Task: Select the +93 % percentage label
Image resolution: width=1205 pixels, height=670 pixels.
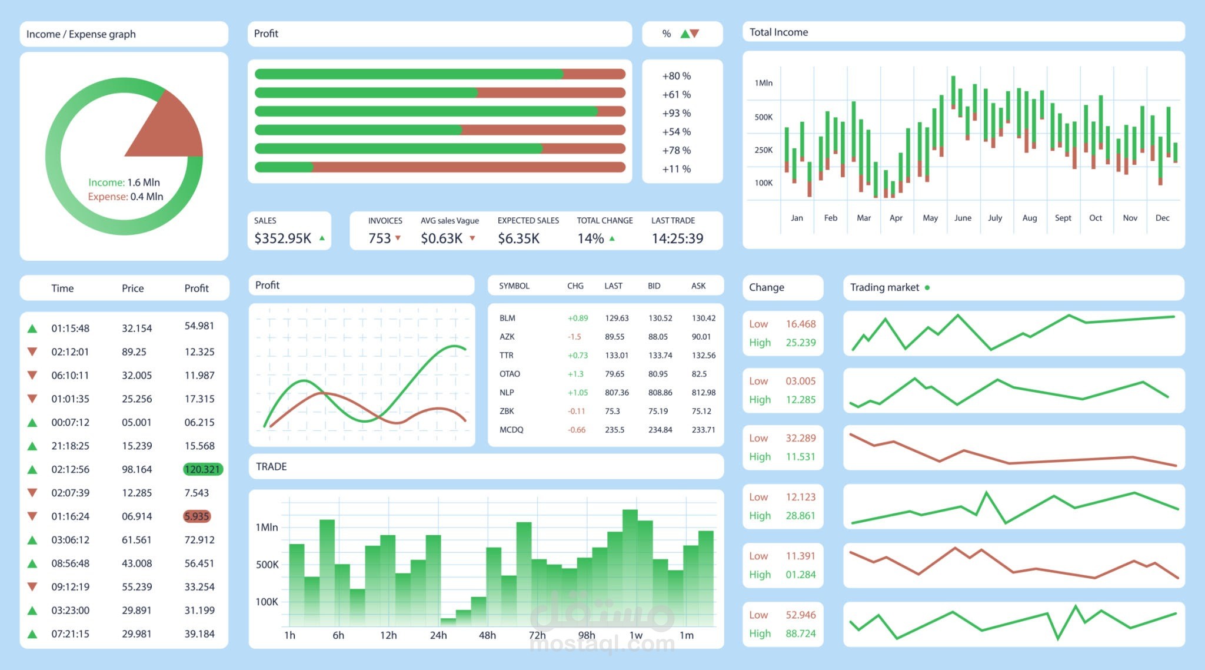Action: [x=676, y=113]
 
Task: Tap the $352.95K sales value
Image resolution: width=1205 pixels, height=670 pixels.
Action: [x=282, y=238]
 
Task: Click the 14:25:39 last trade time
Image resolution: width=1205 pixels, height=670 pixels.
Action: [x=677, y=238]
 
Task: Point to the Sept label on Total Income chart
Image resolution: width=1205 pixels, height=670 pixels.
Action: [x=1063, y=218]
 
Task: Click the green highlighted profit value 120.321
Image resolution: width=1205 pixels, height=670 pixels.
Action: [x=202, y=469]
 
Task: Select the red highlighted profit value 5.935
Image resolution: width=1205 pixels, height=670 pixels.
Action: [x=197, y=516]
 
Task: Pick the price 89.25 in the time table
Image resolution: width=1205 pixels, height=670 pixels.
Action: [x=134, y=351]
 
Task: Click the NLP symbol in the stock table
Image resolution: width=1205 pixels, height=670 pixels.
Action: [x=507, y=393]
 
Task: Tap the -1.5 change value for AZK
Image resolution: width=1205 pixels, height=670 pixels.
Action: [x=574, y=337]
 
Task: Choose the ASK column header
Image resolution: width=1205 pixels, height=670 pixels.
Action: [x=698, y=286]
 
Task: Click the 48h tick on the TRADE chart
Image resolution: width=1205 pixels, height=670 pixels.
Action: [x=487, y=635]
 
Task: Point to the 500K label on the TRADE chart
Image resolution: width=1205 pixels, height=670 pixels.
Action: [x=267, y=565]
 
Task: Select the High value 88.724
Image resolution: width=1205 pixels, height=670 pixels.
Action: [x=800, y=633]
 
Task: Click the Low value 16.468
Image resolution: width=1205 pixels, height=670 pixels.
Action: [x=800, y=324]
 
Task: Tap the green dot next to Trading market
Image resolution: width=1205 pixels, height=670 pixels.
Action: [x=927, y=288]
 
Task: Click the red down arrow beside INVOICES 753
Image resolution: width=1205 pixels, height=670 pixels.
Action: [x=398, y=238]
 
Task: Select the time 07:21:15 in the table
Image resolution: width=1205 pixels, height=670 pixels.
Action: [x=70, y=634]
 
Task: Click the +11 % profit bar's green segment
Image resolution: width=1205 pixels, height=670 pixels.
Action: [x=284, y=167]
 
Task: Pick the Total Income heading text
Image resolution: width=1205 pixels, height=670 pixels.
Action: [x=778, y=32]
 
